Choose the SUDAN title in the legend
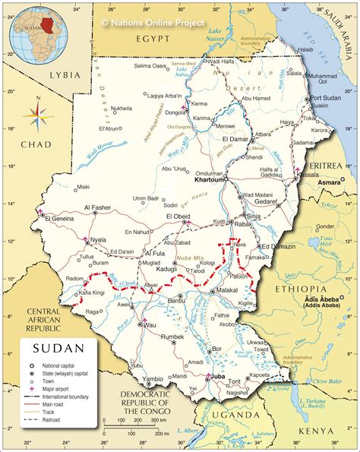click(55, 349)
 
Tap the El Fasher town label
click(98, 207)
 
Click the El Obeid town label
click(178, 217)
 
